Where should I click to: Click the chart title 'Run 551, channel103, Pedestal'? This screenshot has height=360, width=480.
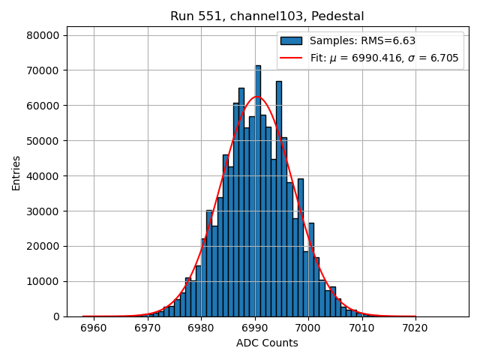267,16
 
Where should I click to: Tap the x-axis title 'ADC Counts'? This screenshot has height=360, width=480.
267,343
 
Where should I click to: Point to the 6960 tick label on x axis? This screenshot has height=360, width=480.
94,328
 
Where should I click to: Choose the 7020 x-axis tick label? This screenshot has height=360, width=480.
415,328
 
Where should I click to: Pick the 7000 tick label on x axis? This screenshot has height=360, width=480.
308,328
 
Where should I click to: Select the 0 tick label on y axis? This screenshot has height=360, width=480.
56,316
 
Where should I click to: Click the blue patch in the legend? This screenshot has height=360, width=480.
292,41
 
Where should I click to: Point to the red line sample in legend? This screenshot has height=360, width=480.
292,58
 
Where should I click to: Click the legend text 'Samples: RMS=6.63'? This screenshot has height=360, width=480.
362,41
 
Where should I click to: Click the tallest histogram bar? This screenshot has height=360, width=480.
258,191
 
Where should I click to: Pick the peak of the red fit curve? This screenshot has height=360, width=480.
256,97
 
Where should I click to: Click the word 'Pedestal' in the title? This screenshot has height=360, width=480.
339,16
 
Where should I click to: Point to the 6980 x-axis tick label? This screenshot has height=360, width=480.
201,328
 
